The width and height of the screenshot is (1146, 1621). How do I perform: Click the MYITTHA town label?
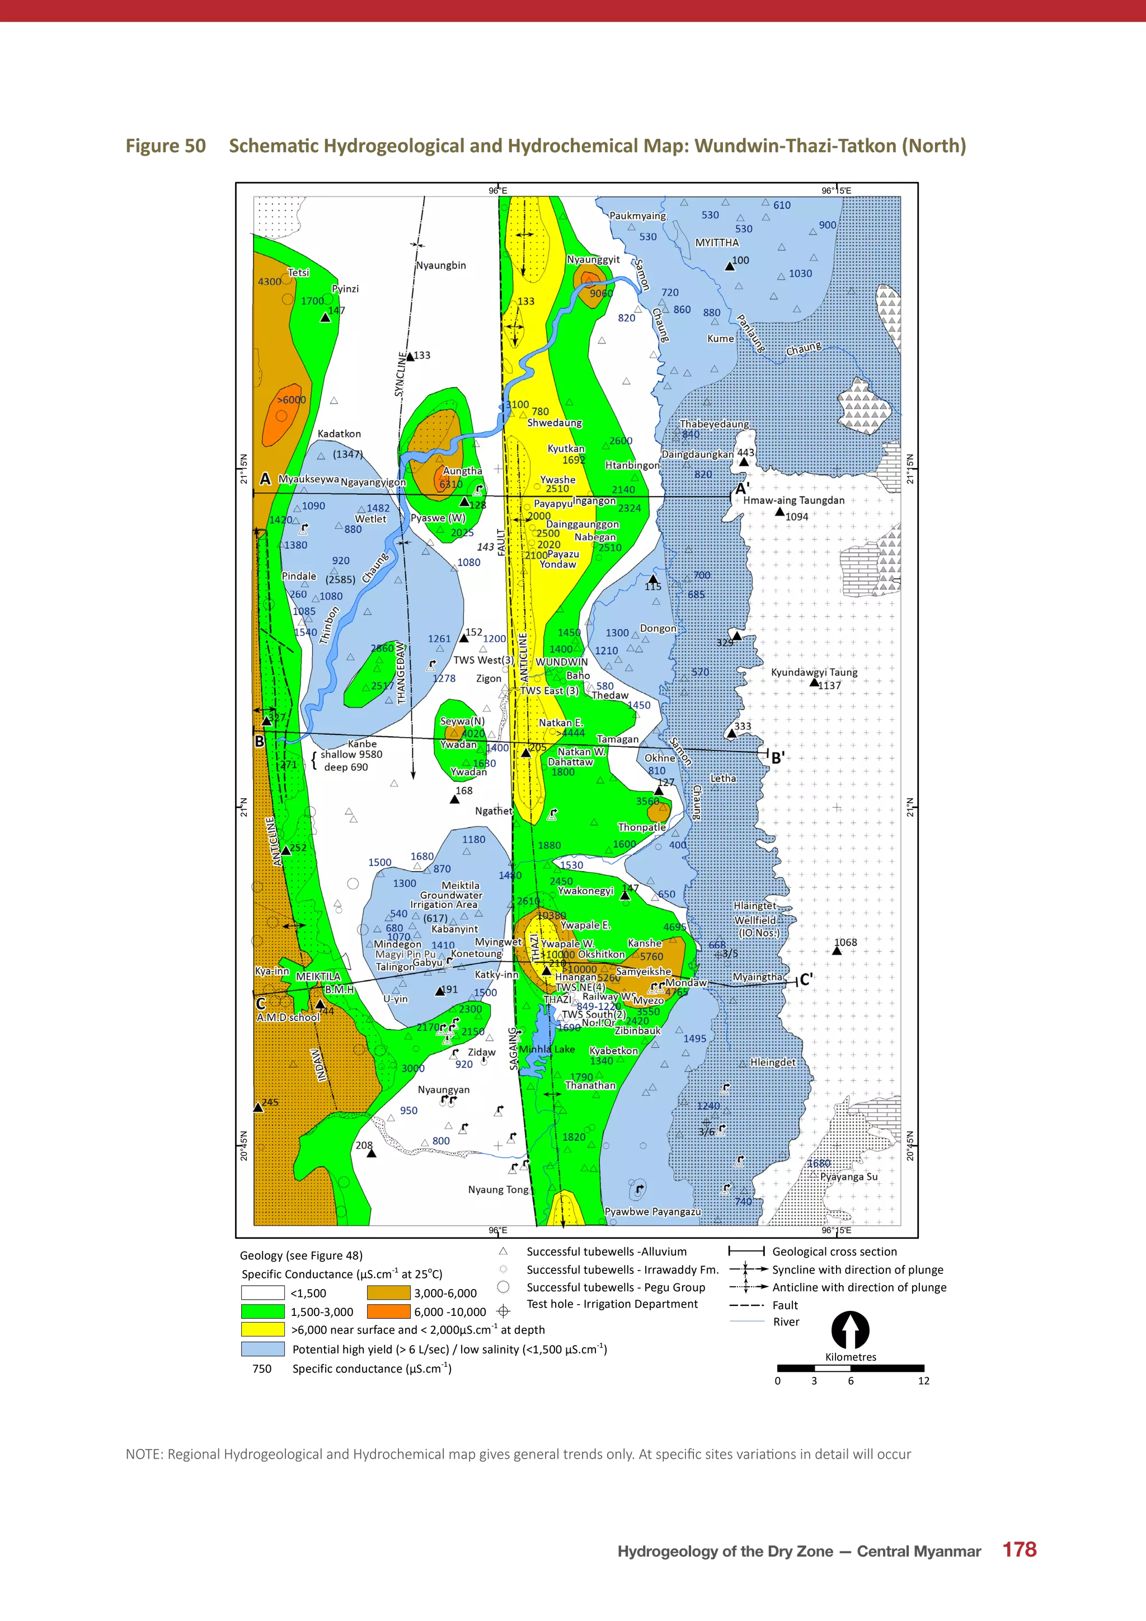717,242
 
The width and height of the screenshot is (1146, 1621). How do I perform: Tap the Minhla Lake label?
546,1049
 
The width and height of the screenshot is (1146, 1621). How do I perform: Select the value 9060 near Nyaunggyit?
601,293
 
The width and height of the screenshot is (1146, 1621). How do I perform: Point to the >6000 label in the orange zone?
291,400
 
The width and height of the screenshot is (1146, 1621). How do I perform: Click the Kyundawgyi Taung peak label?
814,672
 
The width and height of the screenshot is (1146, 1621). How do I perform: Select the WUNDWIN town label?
561,662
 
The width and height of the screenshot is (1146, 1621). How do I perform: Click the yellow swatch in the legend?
263,1329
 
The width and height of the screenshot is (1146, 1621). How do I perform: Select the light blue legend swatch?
263,1348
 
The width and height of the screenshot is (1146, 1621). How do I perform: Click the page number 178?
1019,1550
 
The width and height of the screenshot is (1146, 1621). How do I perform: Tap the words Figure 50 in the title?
166,146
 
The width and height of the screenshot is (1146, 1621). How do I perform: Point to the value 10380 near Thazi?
551,915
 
